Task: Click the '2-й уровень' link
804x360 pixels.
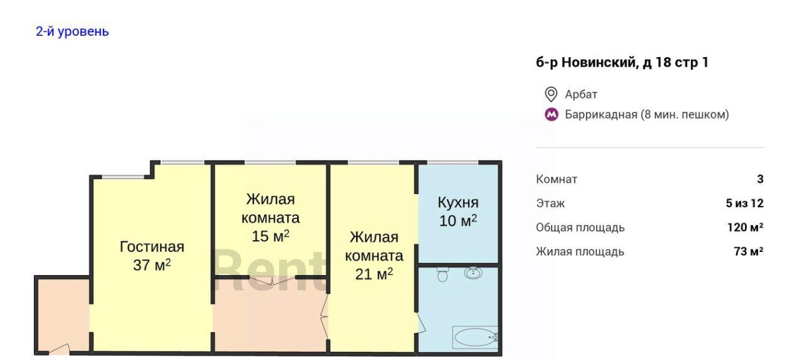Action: pyautogui.click(x=72, y=31)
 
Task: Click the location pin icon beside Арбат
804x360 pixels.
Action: pyautogui.click(x=551, y=94)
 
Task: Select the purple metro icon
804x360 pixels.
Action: pyautogui.click(x=551, y=114)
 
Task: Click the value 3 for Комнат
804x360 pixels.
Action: pyautogui.click(x=760, y=179)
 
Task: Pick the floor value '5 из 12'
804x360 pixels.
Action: pyautogui.click(x=745, y=203)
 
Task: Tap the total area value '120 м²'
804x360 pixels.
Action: pyautogui.click(x=746, y=227)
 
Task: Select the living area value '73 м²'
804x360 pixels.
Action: pyautogui.click(x=749, y=251)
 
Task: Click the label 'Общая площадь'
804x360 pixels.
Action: pyautogui.click(x=580, y=227)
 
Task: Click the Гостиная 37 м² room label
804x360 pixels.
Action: pyautogui.click(x=152, y=256)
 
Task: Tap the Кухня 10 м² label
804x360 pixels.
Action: pyautogui.click(x=458, y=212)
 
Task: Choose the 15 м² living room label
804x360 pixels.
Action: pyautogui.click(x=270, y=217)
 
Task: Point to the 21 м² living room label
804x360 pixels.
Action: pyautogui.click(x=374, y=256)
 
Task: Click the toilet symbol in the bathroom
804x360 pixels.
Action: pyautogui.click(x=443, y=275)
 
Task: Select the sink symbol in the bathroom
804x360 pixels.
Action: pyautogui.click(x=473, y=273)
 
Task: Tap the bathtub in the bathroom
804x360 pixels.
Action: pyautogui.click(x=475, y=337)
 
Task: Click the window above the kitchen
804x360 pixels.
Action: pyautogui.click(x=453, y=163)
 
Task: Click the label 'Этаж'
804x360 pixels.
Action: pyautogui.click(x=550, y=204)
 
